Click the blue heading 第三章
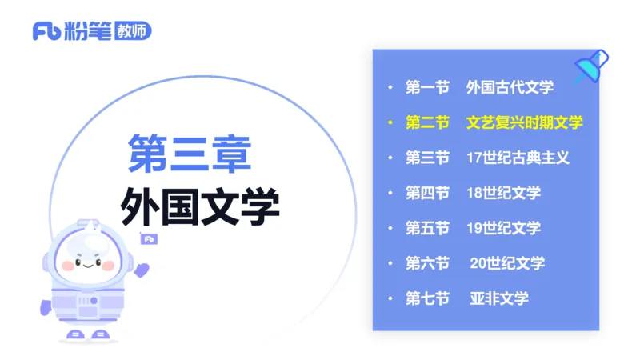[190, 153]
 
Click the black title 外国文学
[200, 207]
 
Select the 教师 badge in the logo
[134, 31]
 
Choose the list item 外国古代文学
[510, 86]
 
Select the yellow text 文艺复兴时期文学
[525, 122]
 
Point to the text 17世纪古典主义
[518, 158]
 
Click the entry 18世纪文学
[503, 193]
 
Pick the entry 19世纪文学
[503, 228]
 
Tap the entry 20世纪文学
[507, 263]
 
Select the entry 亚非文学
[499, 298]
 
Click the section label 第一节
[427, 86]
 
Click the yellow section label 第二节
[427, 122]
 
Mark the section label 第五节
[427, 228]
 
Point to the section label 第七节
[427, 298]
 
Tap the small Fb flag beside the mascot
[148, 238]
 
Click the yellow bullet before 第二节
[390, 122]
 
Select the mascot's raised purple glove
[142, 269]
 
